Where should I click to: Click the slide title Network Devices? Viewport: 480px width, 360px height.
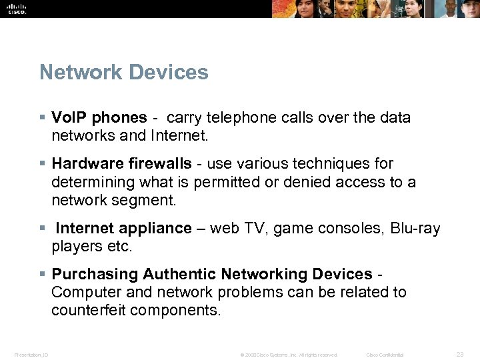(x=124, y=72)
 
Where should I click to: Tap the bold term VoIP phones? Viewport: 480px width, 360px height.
(x=99, y=118)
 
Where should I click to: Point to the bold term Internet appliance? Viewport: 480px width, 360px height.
(x=123, y=228)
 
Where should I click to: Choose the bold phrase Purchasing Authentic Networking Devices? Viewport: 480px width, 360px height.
(x=212, y=274)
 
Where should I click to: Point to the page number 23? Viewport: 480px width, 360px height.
(x=459, y=354)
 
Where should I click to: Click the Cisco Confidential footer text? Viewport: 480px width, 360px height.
(x=385, y=355)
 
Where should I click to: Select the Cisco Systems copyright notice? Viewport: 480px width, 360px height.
(x=289, y=355)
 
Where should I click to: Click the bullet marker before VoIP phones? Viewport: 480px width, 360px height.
(x=43, y=118)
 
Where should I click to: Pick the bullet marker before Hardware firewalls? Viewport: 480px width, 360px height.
(x=43, y=163)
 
